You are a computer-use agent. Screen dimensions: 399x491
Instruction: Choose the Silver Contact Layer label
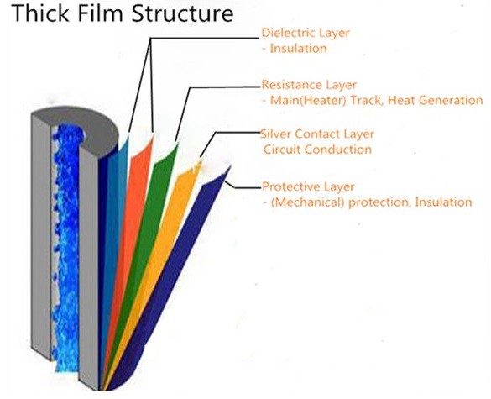coord(318,134)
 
